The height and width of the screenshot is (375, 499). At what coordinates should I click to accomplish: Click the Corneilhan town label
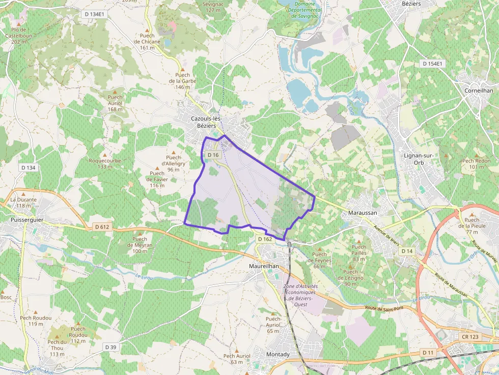[x=479, y=90]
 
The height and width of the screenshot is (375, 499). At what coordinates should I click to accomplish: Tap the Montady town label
[x=278, y=354]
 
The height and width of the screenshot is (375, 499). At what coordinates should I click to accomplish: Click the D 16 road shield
[x=213, y=155]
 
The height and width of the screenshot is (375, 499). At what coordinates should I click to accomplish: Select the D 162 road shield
[x=265, y=239]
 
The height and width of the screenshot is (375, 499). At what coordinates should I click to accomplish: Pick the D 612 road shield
[x=102, y=226]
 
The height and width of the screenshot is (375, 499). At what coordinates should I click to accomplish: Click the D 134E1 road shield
[x=93, y=14]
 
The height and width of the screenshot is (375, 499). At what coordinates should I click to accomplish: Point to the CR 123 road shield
[x=470, y=337]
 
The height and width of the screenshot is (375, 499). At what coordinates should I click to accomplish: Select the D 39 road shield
[x=110, y=347]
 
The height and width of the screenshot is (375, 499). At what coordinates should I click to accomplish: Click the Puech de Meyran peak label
[x=140, y=245]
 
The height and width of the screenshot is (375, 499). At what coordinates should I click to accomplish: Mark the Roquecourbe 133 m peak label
[x=105, y=163]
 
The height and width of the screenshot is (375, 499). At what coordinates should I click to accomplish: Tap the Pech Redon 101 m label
[x=476, y=164]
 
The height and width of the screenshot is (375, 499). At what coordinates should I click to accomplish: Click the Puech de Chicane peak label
[x=147, y=45]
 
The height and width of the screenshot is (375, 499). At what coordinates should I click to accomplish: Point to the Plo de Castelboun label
[x=19, y=36]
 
